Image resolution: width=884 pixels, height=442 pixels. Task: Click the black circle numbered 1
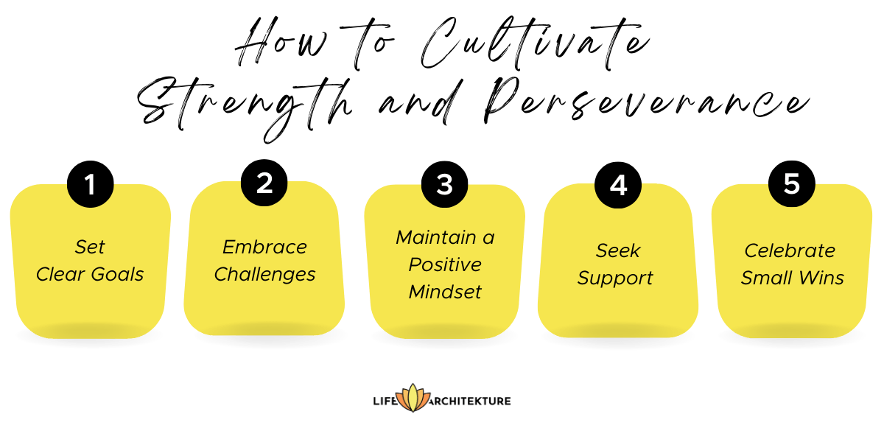click(x=90, y=184)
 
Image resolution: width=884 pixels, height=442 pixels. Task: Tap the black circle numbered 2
click(x=264, y=183)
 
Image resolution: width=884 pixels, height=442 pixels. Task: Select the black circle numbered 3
click(x=444, y=184)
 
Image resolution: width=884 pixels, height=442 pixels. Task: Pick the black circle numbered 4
click(x=618, y=184)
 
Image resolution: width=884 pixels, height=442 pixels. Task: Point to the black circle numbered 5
click(x=792, y=183)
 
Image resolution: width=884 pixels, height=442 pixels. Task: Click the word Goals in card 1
click(x=117, y=275)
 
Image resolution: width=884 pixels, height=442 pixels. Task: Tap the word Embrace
click(x=264, y=247)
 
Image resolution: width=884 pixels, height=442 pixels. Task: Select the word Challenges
click(x=264, y=275)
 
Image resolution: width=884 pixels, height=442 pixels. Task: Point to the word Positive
click(x=445, y=264)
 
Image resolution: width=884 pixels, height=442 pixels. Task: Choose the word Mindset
click(x=445, y=292)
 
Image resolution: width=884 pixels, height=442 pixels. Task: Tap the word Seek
click(x=617, y=250)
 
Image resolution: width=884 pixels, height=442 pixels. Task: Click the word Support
click(x=615, y=278)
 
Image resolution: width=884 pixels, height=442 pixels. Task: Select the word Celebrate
click(x=790, y=250)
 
